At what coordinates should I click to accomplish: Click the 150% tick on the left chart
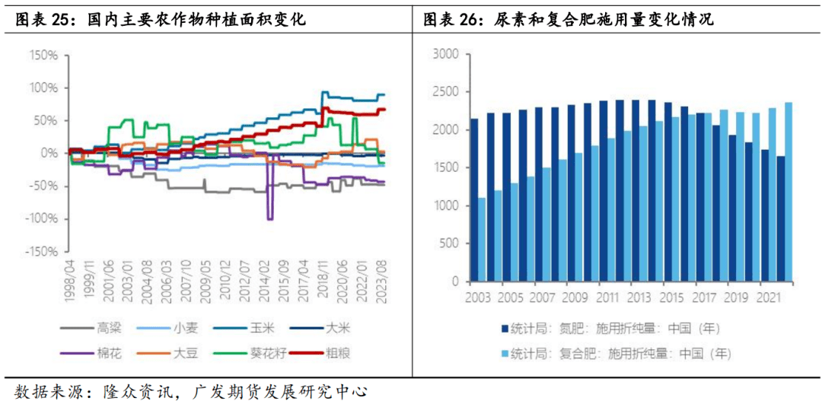pos(43,56)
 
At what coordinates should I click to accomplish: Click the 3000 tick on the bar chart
pos(446,54)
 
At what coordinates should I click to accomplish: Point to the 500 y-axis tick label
pos(449,243)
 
